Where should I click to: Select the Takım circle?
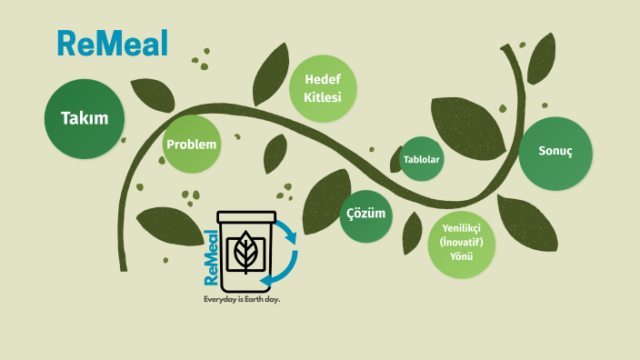[85, 118]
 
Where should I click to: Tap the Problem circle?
[192, 145]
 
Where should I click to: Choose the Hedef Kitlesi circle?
[322, 89]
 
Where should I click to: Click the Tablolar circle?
[421, 160]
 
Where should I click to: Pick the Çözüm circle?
[365, 215]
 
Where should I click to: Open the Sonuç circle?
[555, 154]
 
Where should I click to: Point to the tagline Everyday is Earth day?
[241, 299]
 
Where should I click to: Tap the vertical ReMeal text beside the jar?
[210, 259]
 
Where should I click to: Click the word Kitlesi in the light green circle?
[322, 97]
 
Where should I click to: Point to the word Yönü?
[462, 258]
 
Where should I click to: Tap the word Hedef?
[322, 81]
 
